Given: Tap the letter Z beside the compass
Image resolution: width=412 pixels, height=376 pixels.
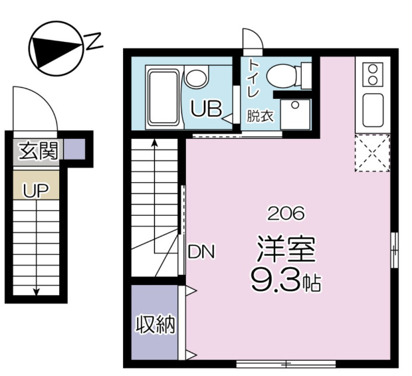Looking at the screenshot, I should [x=94, y=43].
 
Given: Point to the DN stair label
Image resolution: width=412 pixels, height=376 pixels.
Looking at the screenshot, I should [x=201, y=252].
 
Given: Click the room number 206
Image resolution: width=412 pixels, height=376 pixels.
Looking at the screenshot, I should [x=286, y=213].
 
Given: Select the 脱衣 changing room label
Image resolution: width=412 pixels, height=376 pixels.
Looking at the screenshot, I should [x=260, y=116].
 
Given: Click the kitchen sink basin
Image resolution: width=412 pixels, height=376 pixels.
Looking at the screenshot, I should [x=372, y=108].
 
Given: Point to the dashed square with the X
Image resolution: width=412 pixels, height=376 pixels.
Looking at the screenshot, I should [x=372, y=153].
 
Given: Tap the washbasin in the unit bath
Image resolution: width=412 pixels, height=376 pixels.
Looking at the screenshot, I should [x=196, y=76].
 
